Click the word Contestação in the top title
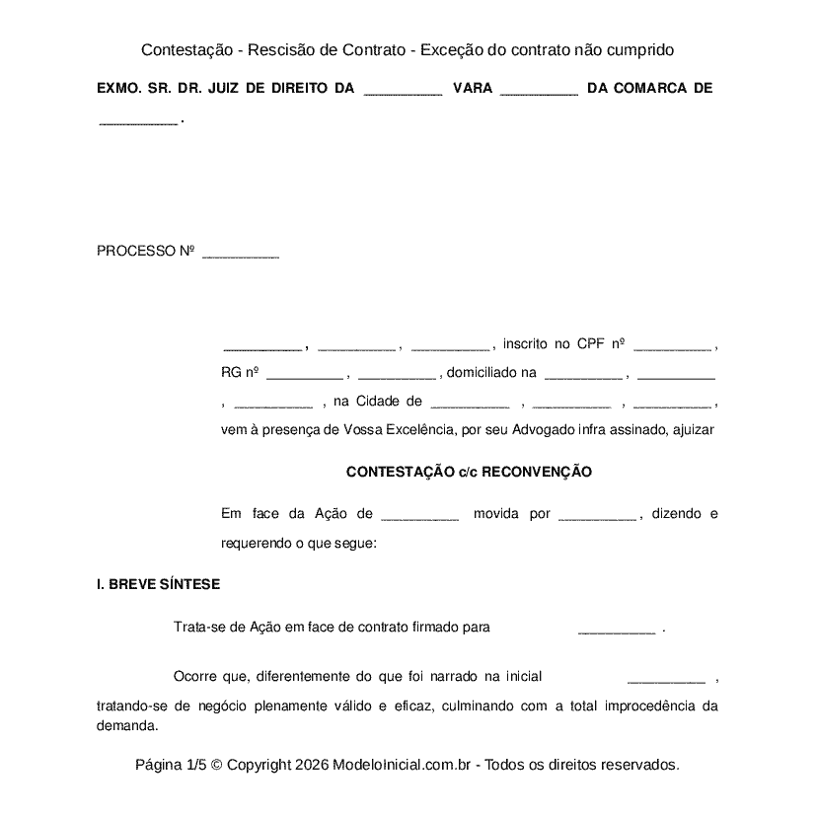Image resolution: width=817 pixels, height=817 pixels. click(x=187, y=49)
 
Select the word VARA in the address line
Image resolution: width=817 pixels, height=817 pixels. click(x=472, y=88)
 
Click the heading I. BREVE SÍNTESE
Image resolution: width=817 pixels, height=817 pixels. click(x=158, y=584)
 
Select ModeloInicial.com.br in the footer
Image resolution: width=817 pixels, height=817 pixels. click(x=405, y=765)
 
